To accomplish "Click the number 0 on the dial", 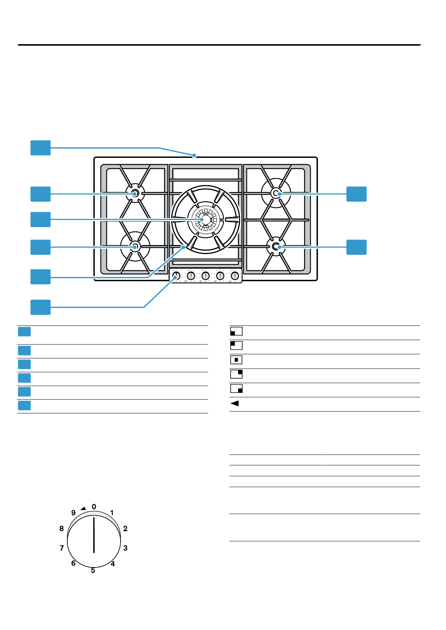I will (94, 507).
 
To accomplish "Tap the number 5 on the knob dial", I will (93, 571).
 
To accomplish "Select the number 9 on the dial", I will (73, 513).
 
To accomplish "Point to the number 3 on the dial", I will (125, 548).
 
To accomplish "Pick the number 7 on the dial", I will (62, 548).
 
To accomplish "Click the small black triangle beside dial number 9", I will (83, 508).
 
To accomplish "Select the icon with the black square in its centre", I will (236, 360).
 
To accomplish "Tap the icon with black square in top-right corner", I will (236, 374).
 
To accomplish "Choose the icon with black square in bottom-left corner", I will (236, 331).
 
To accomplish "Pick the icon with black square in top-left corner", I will (236, 345).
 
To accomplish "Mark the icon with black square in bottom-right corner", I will (236, 389).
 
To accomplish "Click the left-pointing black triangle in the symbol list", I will (235, 403).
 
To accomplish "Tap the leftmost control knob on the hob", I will (176, 276).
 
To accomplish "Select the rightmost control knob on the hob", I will (235, 276).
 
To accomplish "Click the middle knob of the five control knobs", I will (206, 276).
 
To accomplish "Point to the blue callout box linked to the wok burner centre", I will (40, 220).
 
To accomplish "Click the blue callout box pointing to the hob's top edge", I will (40, 148).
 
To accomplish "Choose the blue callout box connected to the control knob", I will (40, 307).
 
